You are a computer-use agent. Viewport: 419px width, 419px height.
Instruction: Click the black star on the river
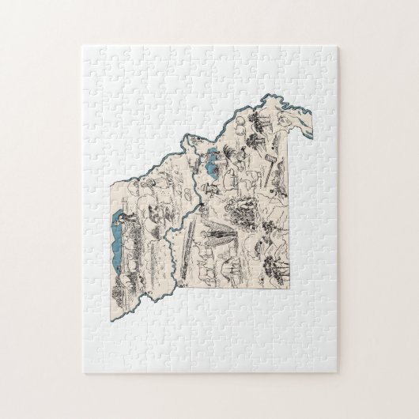pos(202,208)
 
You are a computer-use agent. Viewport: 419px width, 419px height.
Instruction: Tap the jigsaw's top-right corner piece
pos(327,55)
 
